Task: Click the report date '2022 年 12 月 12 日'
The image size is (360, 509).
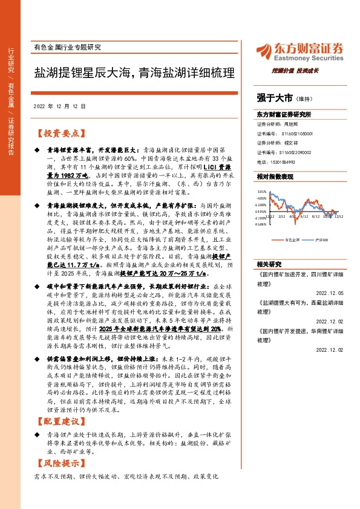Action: [x=59, y=105]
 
